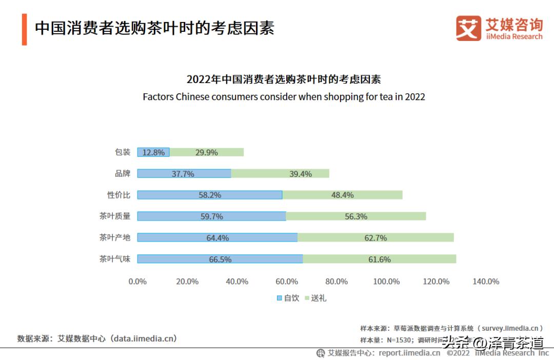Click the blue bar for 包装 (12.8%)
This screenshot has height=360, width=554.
[153, 152]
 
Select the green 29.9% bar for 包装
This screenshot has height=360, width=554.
[207, 152]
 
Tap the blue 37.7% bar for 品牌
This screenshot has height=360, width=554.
[184, 174]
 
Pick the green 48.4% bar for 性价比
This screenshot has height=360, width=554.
[342, 195]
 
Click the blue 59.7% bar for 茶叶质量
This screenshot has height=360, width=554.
[211, 216]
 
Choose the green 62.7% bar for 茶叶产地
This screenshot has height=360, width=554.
[375, 237]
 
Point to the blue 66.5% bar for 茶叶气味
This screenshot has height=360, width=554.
[220, 259]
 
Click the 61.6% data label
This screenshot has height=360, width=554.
[379, 259]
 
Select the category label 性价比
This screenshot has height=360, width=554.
[118, 195]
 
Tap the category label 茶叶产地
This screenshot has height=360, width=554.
[115, 237]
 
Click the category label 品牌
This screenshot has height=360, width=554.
[123, 174]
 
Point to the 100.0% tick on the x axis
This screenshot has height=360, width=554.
[386, 282]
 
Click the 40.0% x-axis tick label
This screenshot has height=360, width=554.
[237, 282]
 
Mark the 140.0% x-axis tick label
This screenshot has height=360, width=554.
[486, 282]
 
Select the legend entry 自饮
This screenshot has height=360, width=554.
[288, 298]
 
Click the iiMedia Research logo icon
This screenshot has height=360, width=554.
[468, 28]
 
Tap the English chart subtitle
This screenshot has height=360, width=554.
[284, 96]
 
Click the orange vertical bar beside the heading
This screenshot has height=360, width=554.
[24, 29]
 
